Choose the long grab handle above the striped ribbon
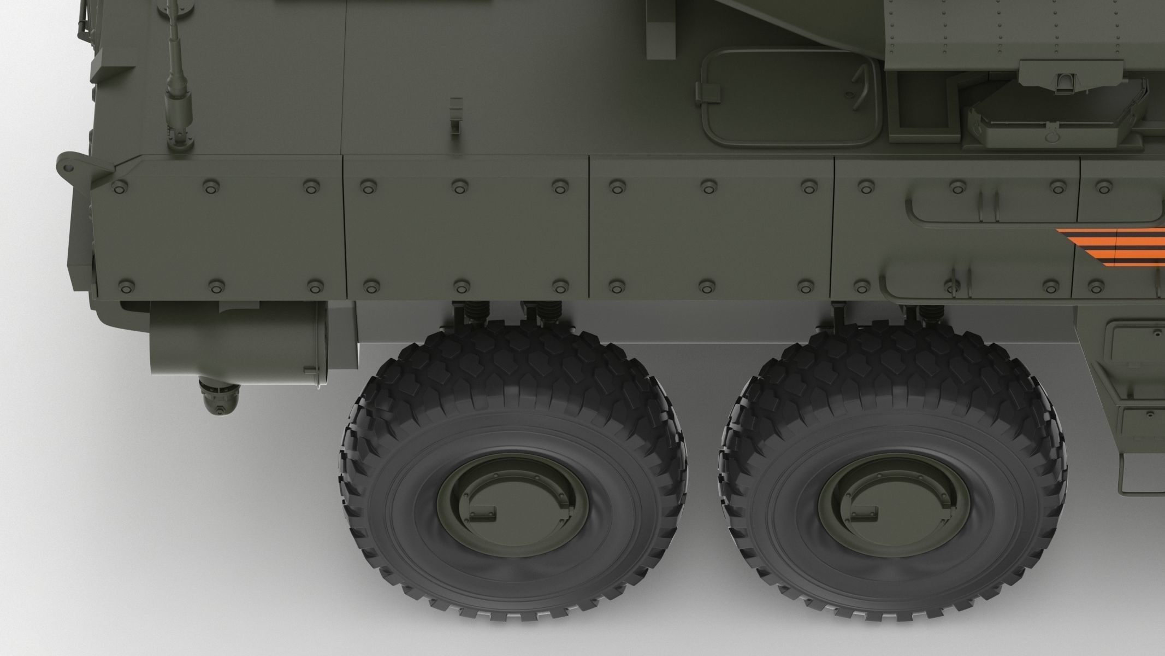978,208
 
